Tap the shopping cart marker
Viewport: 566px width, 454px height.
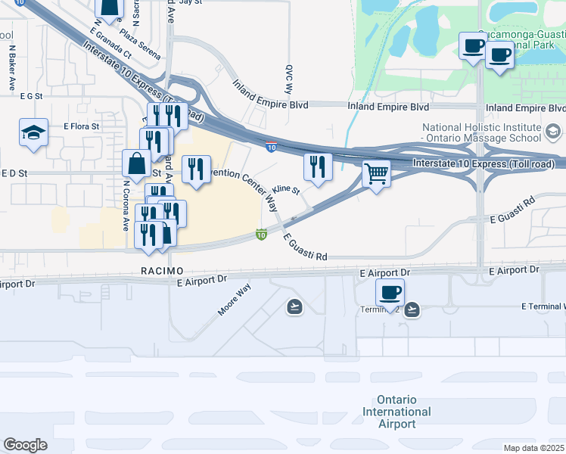pyautogui.click(x=376, y=174)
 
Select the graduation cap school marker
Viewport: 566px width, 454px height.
pyautogui.click(x=34, y=133)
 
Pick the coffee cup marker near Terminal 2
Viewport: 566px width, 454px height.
pyautogui.click(x=390, y=292)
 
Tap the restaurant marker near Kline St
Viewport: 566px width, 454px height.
pyautogui.click(x=318, y=167)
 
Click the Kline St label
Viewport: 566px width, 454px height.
pyautogui.click(x=287, y=188)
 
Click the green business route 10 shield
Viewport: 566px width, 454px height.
pyautogui.click(x=261, y=235)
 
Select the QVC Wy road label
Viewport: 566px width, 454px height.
pyautogui.click(x=288, y=76)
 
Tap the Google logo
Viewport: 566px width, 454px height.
pyautogui.click(x=25, y=445)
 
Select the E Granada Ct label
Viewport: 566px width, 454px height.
pyautogui.click(x=110, y=44)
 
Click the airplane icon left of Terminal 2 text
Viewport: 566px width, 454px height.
pyautogui.click(x=294, y=306)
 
